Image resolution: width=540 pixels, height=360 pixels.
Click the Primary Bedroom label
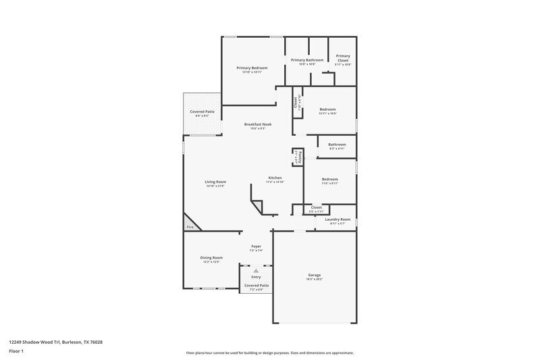click(252, 68)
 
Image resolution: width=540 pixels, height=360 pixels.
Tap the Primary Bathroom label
click(307, 60)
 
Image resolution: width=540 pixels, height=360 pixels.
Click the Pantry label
click(295, 157)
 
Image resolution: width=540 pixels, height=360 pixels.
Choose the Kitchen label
click(275, 178)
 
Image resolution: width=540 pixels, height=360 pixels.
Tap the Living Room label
click(215, 182)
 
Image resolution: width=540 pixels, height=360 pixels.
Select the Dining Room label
click(211, 257)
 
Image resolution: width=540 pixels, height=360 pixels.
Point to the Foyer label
click(256, 247)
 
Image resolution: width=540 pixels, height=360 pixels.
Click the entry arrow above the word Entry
click(256, 270)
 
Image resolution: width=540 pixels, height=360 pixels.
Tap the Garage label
click(315, 275)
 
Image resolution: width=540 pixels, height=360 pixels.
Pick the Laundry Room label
click(337, 219)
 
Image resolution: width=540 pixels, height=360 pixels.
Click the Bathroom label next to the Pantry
click(337, 144)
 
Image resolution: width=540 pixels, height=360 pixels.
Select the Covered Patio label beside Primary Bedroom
click(202, 111)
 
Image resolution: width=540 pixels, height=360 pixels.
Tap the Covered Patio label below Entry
click(256, 286)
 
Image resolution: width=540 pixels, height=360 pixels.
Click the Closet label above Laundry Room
click(316, 207)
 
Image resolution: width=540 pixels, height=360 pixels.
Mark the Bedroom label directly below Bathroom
click(329, 179)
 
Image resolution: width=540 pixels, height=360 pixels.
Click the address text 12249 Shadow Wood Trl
click(36, 342)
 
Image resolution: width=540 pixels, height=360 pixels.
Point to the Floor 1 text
click(16, 352)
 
